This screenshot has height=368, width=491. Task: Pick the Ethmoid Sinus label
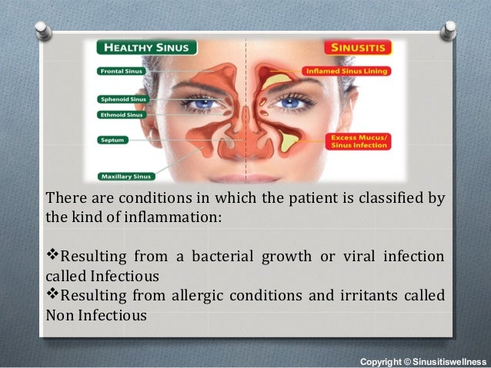[x=121, y=114]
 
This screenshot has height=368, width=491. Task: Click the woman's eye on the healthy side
[x=202, y=104]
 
